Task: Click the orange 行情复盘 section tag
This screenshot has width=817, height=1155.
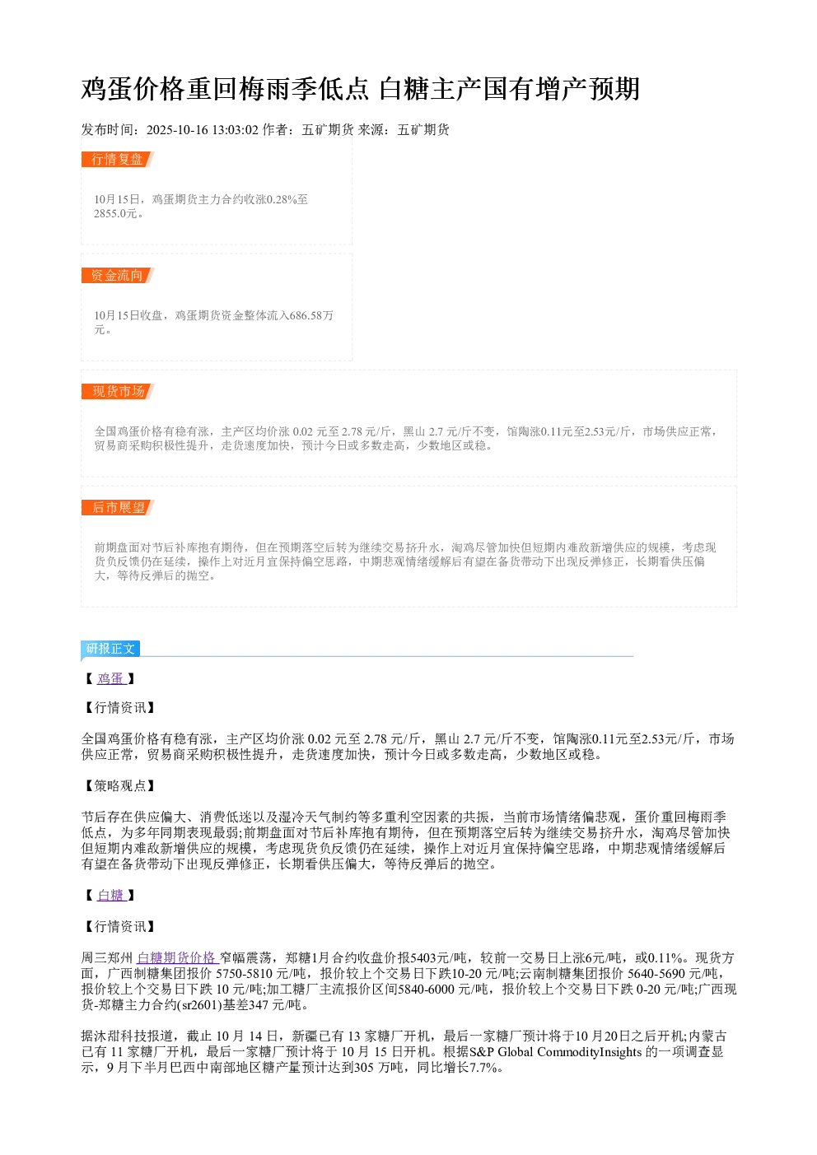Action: (117, 160)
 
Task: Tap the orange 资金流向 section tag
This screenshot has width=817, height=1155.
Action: (117, 275)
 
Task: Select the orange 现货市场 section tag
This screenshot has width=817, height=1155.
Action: (117, 391)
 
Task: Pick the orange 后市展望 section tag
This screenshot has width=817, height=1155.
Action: (117, 507)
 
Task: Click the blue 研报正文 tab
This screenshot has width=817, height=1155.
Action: (110, 648)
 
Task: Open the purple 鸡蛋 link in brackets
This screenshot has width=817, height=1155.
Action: (111, 678)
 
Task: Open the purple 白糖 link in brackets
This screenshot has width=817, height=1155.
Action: (111, 895)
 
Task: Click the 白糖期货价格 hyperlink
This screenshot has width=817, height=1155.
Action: (177, 957)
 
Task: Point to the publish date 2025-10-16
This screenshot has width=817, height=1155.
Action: (177, 129)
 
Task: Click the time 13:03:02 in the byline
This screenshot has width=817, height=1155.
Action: (235, 129)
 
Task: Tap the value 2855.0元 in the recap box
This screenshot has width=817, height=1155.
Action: (115, 213)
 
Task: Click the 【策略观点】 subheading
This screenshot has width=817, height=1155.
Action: (119, 786)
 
